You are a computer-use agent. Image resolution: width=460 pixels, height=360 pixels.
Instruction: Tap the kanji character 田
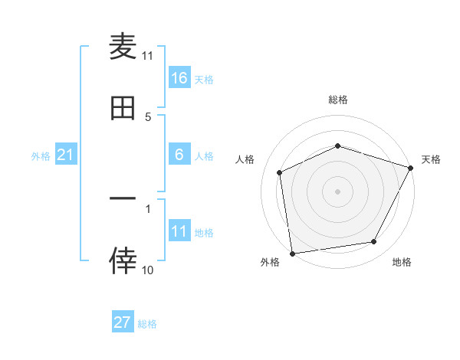tap(123, 109)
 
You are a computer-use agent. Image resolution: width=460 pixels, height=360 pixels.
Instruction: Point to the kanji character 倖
tap(123, 261)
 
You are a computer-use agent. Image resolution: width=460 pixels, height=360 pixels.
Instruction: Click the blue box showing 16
tap(179, 77)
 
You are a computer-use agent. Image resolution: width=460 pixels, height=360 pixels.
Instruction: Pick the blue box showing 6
tap(179, 155)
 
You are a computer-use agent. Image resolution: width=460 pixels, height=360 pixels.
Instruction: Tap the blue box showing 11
tap(179, 231)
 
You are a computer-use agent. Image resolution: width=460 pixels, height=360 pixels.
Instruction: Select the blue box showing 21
tap(65, 155)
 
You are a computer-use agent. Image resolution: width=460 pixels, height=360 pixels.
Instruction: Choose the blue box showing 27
tap(122, 322)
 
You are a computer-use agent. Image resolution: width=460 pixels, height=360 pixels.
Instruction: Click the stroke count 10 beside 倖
tap(148, 270)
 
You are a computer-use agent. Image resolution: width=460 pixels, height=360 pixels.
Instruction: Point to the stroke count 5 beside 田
tap(148, 116)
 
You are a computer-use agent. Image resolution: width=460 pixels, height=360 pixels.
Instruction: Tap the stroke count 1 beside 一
tap(148, 208)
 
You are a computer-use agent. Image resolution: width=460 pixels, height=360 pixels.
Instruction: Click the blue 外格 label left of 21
tap(41, 155)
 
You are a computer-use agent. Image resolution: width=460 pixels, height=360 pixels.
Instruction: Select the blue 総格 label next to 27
tap(147, 324)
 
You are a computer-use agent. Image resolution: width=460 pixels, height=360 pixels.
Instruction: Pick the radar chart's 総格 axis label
tap(337, 100)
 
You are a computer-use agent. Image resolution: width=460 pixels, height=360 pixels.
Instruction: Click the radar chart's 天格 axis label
tap(431, 159)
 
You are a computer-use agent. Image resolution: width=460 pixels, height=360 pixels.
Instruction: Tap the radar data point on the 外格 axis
tap(292, 253)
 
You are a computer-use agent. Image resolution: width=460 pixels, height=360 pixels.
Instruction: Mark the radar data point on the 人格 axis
tap(280, 172)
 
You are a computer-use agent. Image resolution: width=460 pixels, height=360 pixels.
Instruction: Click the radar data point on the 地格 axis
tap(374, 242)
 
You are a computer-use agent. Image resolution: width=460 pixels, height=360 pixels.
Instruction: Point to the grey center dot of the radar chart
tap(337, 191)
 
